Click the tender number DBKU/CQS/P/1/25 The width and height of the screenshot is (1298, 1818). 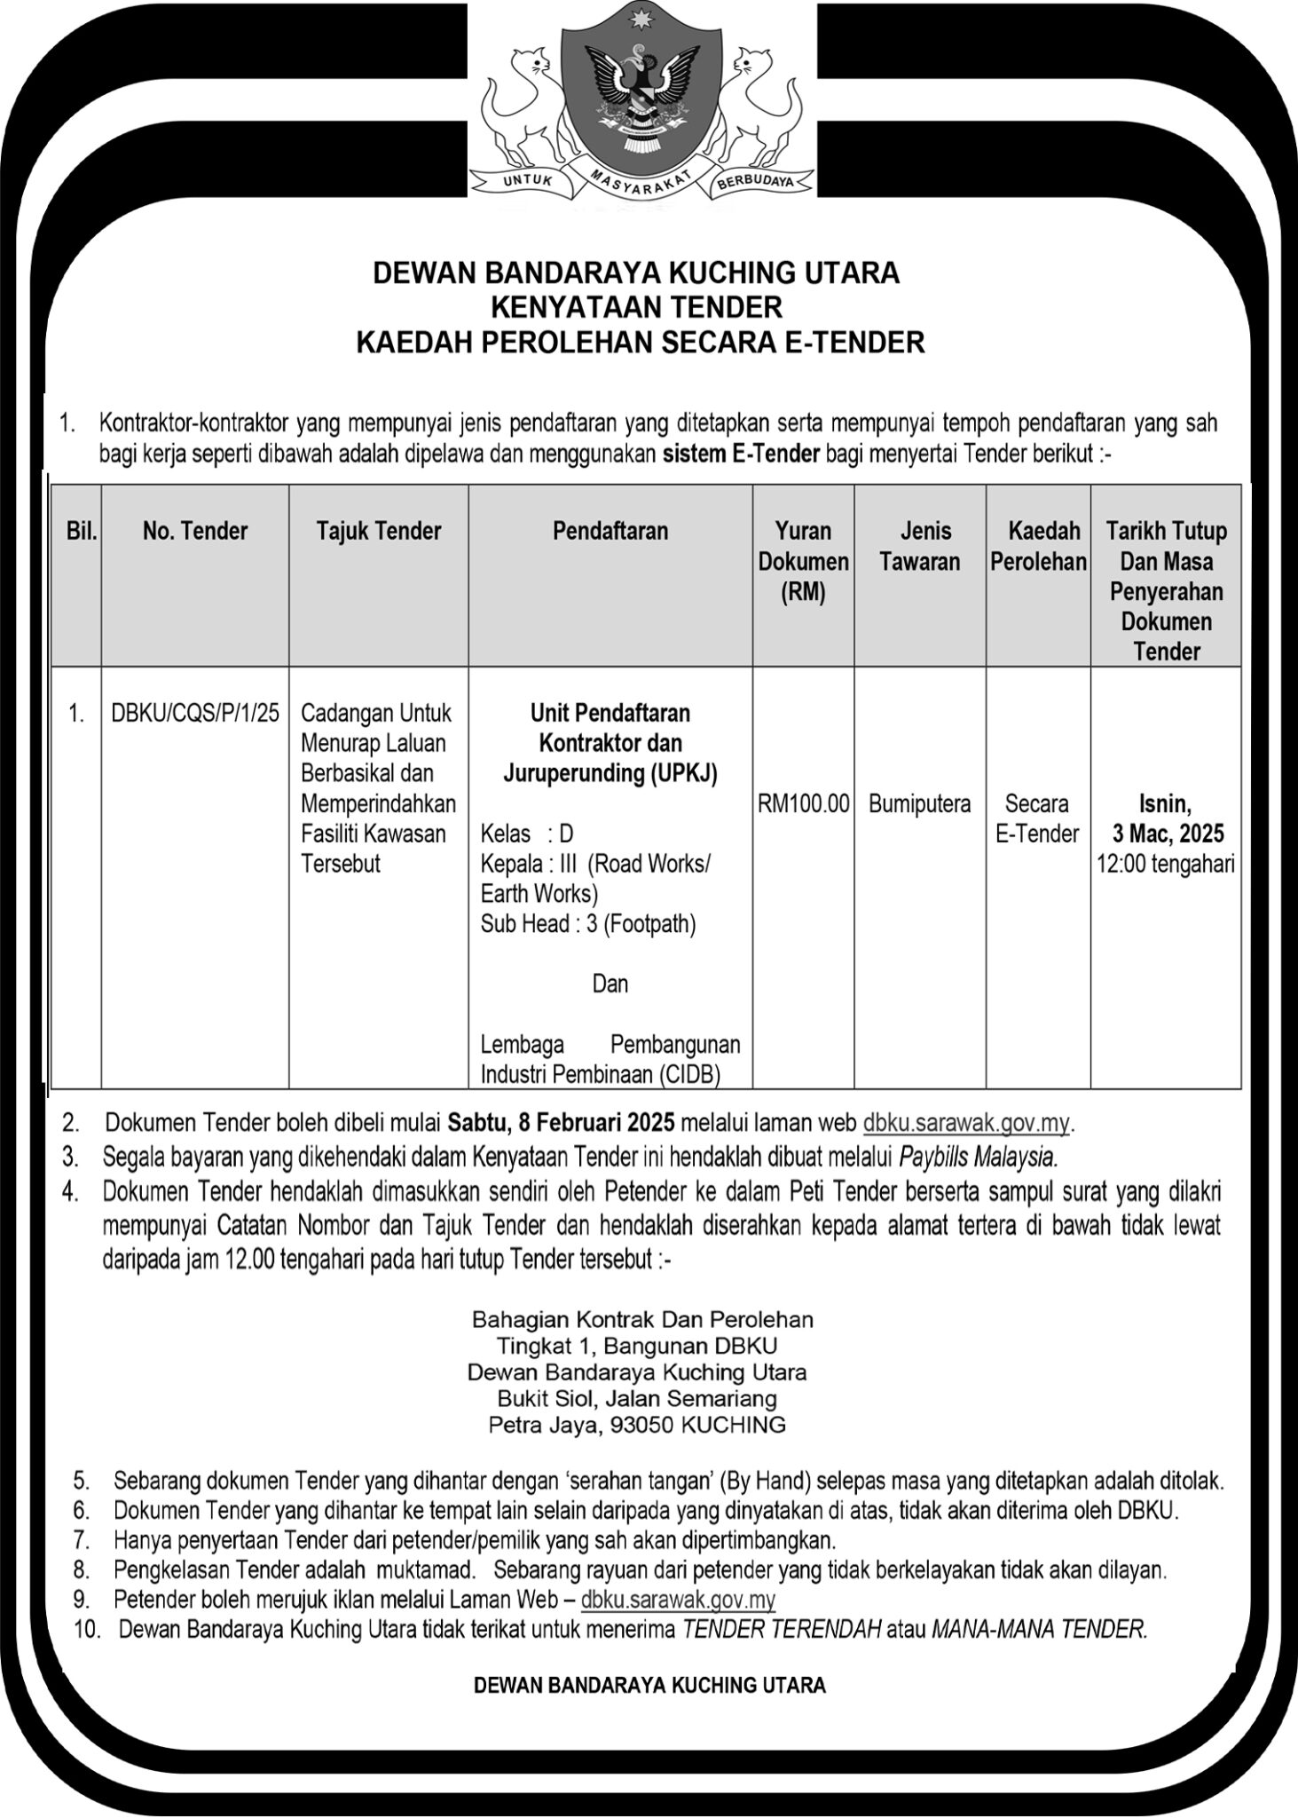coord(195,713)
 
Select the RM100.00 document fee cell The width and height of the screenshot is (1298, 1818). coord(803,804)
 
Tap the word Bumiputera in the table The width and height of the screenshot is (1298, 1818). coord(919,804)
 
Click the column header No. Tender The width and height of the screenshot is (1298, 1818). coord(195,532)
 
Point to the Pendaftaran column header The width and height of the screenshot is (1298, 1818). coord(610,532)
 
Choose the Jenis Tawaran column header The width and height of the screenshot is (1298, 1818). coord(919,547)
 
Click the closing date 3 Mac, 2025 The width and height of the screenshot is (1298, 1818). coord(1168,834)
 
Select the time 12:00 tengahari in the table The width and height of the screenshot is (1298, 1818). coord(1166,864)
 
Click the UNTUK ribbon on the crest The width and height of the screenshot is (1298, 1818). coord(528,180)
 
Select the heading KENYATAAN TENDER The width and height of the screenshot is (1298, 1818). coord(637,307)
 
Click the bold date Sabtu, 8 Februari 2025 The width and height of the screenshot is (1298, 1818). coord(562,1123)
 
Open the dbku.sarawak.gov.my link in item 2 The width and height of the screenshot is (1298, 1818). coord(967,1123)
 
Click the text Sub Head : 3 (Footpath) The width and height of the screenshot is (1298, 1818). coord(588,924)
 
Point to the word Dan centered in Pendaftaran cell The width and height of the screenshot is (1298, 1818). coord(610,984)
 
